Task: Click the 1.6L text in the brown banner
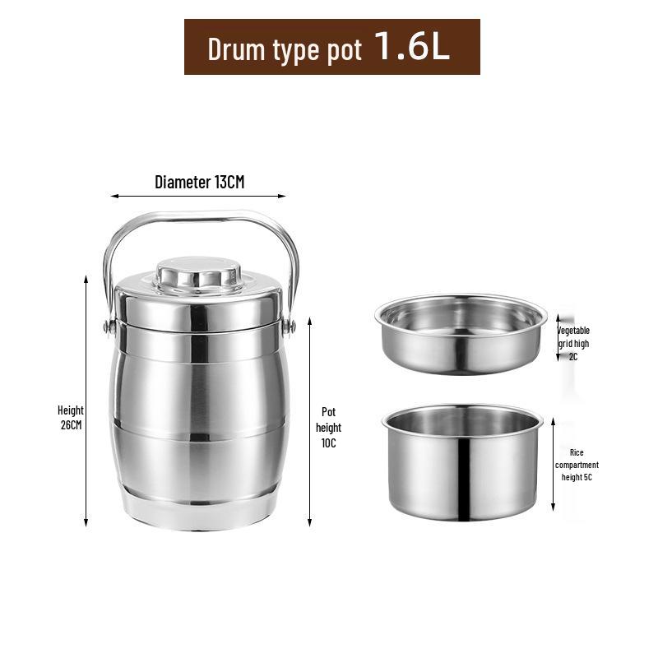point(412,45)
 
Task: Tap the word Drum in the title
point(236,49)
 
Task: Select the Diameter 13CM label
point(199,182)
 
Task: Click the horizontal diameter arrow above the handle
point(198,196)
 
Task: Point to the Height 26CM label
point(71,418)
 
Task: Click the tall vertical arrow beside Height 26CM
point(86,401)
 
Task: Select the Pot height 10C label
point(328,428)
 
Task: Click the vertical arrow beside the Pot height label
point(310,422)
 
